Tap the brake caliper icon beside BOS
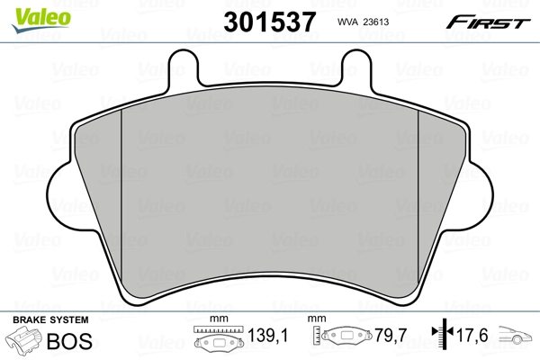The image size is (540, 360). (26, 342)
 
